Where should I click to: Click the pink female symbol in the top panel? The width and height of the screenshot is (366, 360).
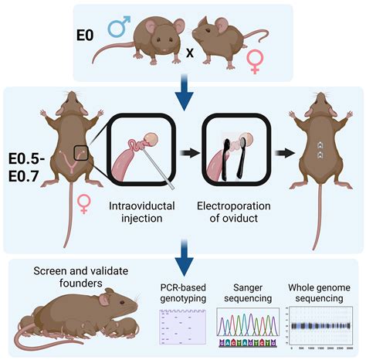click(254, 61)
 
